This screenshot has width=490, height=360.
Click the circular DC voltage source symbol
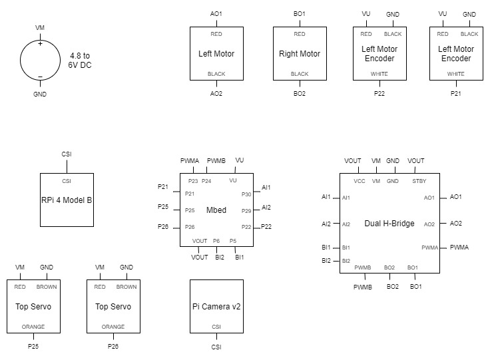pyautogui.click(x=40, y=60)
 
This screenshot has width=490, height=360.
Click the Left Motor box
pyautogui.click(x=216, y=53)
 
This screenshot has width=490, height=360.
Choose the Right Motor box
pyautogui.click(x=300, y=53)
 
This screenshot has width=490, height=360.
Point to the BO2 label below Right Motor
pyautogui.click(x=300, y=94)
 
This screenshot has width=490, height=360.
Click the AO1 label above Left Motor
pyautogui.click(x=216, y=13)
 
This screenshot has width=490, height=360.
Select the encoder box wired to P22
pyautogui.click(x=379, y=53)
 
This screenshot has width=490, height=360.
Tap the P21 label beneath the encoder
pyautogui.click(x=456, y=94)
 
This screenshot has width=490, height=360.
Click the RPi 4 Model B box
pyautogui.click(x=67, y=200)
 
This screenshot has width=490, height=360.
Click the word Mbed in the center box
pyautogui.click(x=216, y=210)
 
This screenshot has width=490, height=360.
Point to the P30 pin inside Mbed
pyautogui.click(x=246, y=194)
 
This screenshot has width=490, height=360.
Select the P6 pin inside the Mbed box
pyautogui.click(x=216, y=240)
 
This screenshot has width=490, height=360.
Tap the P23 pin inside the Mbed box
pyautogui.click(x=193, y=180)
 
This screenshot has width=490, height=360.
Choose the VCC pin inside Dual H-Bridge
pyautogui.click(x=360, y=180)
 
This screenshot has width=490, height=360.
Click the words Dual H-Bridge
pyautogui.click(x=389, y=224)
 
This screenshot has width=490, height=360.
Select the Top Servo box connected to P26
pyautogui.click(x=113, y=306)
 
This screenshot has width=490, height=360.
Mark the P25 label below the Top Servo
pyautogui.click(x=33, y=347)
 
